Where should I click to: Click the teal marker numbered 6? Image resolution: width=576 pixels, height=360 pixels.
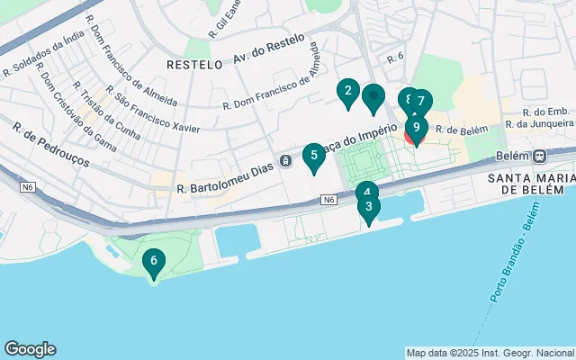click(154, 262)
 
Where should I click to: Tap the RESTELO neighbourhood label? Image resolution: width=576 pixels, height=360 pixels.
click(194, 65)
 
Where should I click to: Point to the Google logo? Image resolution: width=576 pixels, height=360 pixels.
click(30, 349)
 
